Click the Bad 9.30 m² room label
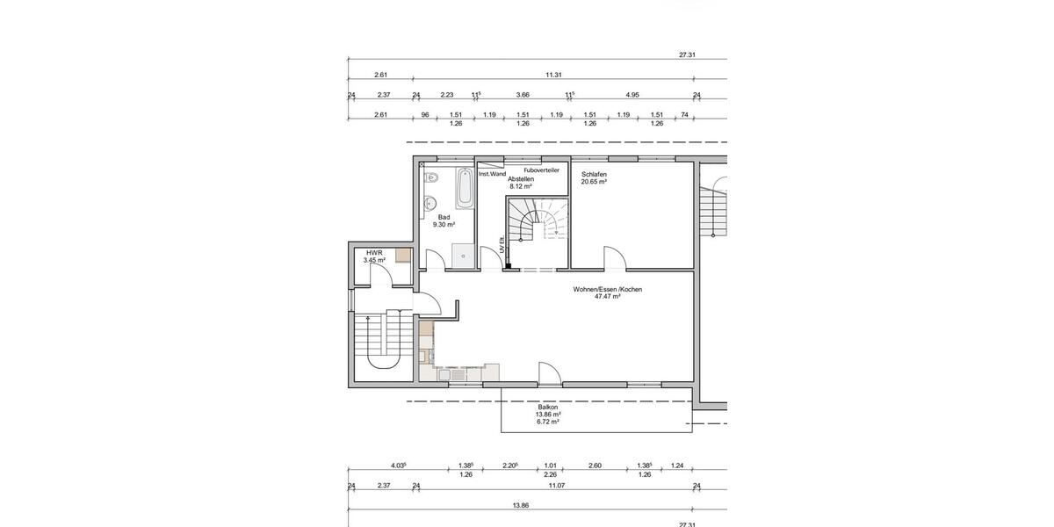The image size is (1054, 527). (444, 220)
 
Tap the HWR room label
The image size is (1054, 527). (374, 256)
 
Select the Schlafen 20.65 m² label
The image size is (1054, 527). (594, 177)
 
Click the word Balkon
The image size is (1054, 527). (549, 407)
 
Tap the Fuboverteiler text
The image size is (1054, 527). (541, 170)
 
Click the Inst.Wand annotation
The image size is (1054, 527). (492, 174)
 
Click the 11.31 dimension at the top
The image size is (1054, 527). (553, 75)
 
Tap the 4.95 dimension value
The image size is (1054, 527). (632, 94)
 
